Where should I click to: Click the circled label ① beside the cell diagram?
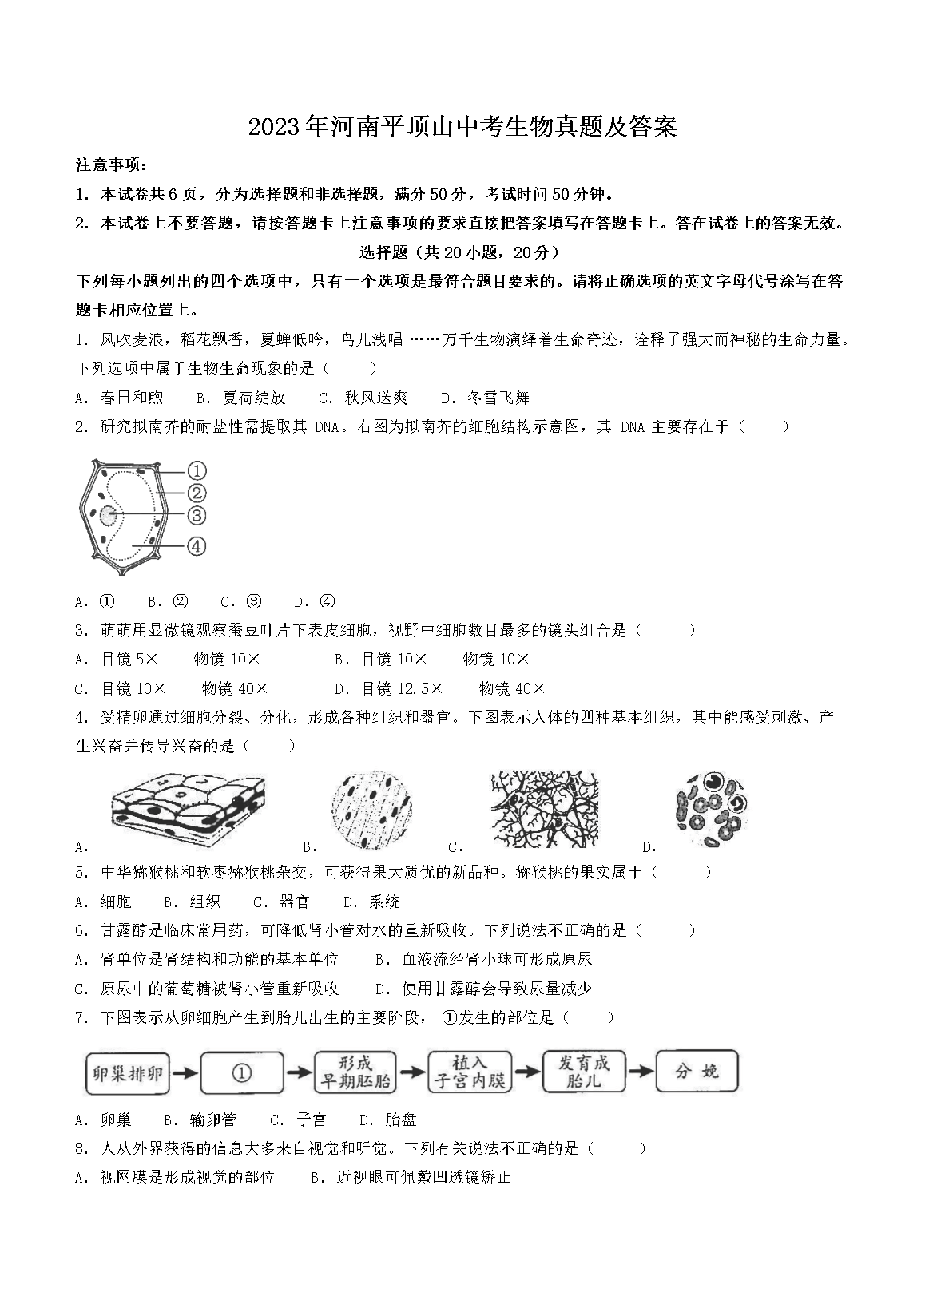[197, 470]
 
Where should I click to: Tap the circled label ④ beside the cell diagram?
[197, 546]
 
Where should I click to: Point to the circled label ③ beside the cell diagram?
[197, 515]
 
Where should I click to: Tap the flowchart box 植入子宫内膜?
[469, 1072]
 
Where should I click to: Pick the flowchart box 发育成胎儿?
[583, 1072]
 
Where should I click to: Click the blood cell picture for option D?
[712, 809]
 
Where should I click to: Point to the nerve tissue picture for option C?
[546, 809]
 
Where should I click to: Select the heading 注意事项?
[111, 165]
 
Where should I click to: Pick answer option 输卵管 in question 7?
[213, 1120]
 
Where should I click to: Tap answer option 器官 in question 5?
[295, 902]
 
